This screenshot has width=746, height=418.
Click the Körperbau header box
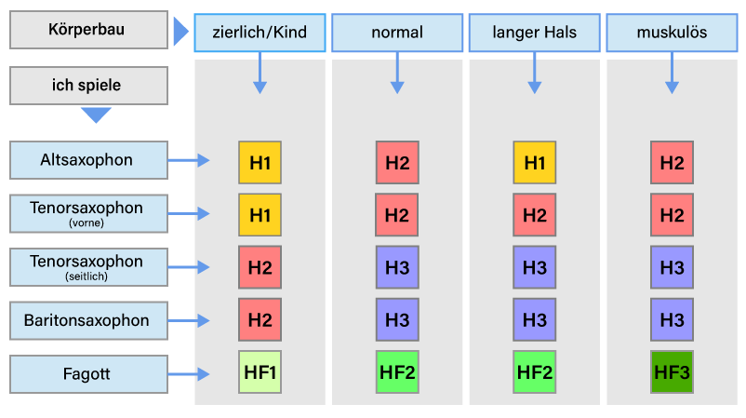click(88, 30)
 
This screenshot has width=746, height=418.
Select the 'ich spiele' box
click(88, 86)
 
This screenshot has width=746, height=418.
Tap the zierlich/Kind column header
click(260, 33)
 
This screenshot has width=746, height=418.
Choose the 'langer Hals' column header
click(534, 33)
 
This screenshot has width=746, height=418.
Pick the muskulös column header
click(672, 33)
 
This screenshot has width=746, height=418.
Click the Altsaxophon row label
click(88, 160)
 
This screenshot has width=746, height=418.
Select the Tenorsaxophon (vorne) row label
click(88, 213)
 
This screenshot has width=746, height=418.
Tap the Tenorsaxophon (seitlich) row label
click(88, 267)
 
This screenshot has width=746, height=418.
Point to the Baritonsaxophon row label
click(88, 320)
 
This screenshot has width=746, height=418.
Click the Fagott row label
click(88, 373)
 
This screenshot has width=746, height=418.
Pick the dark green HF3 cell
click(672, 371)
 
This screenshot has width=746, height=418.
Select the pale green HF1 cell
click(260, 371)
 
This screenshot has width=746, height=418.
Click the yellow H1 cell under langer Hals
click(534, 162)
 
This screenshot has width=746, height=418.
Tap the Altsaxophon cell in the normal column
click(397, 162)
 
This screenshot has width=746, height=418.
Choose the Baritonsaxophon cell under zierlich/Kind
click(260, 319)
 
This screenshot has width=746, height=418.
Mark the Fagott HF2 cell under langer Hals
click(534, 371)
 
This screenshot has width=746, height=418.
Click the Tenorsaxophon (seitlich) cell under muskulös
click(672, 267)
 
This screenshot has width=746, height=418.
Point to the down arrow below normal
click(397, 73)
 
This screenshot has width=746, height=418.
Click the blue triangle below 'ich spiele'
click(96, 115)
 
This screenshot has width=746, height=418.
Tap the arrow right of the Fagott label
click(189, 374)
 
